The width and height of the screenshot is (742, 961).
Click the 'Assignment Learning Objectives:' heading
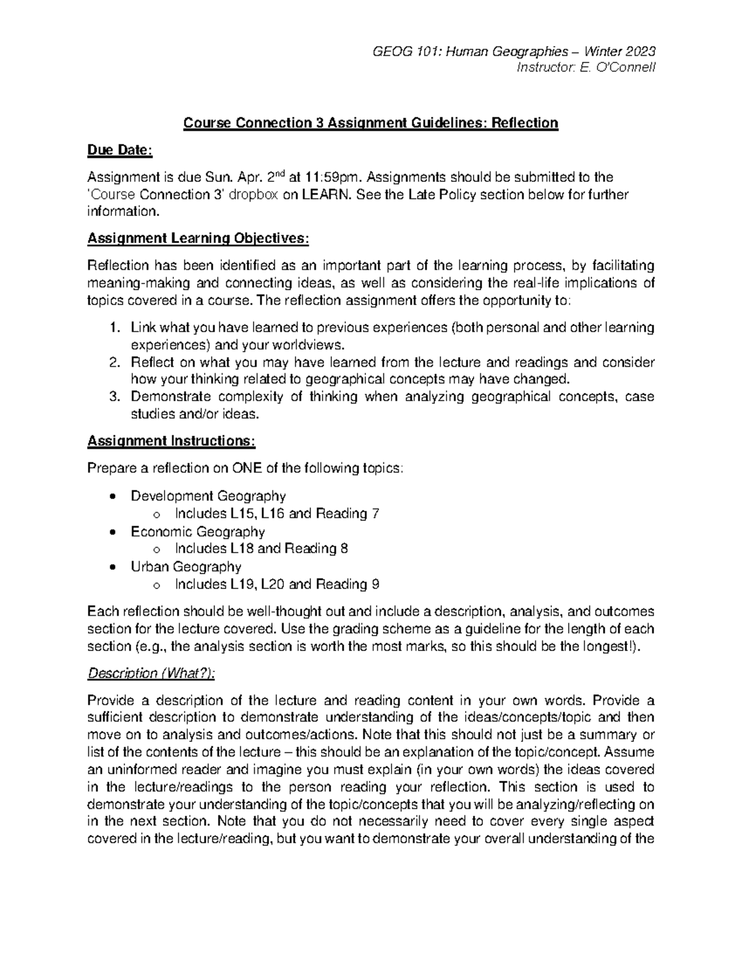coord(197,238)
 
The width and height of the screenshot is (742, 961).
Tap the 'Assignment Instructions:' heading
coord(171,441)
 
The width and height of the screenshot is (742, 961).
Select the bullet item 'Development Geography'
coord(208,496)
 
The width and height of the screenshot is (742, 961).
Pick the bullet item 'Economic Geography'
coord(197,532)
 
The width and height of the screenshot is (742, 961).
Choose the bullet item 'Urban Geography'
coord(185,567)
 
